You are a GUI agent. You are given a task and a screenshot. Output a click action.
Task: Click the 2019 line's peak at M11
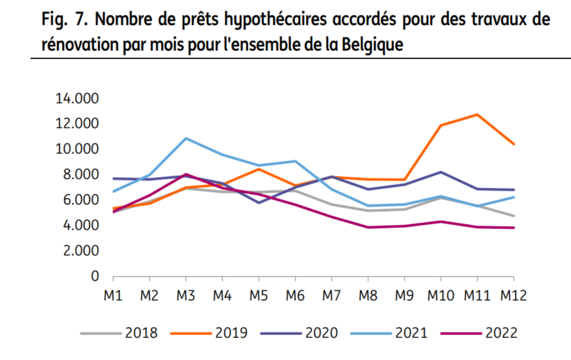pyautogui.click(x=478, y=114)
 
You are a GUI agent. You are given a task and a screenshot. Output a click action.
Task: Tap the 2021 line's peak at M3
pyautogui.click(x=186, y=139)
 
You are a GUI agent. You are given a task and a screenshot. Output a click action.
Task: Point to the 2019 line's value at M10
pyautogui.click(x=441, y=126)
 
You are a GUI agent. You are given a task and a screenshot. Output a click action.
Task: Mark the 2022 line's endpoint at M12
pyautogui.click(x=514, y=228)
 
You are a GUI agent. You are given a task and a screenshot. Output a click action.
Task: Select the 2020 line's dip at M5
pyautogui.click(x=259, y=202)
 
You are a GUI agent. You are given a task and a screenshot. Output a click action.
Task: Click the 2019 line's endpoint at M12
pyautogui.click(x=514, y=144)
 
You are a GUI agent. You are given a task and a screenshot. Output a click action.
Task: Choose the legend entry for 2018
pyautogui.click(x=119, y=333)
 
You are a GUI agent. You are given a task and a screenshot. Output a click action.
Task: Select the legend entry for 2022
pyautogui.click(x=479, y=333)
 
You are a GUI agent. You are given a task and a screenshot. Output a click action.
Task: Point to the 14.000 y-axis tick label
pyautogui.click(x=78, y=98)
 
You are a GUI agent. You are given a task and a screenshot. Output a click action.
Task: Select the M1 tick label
pyautogui.click(x=113, y=294)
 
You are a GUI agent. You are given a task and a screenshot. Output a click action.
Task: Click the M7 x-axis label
pyautogui.click(x=332, y=294)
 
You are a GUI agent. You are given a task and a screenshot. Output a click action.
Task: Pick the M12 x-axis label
pyautogui.click(x=513, y=294)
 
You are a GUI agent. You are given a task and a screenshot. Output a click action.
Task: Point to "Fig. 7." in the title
pyautogui.click(x=64, y=20)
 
